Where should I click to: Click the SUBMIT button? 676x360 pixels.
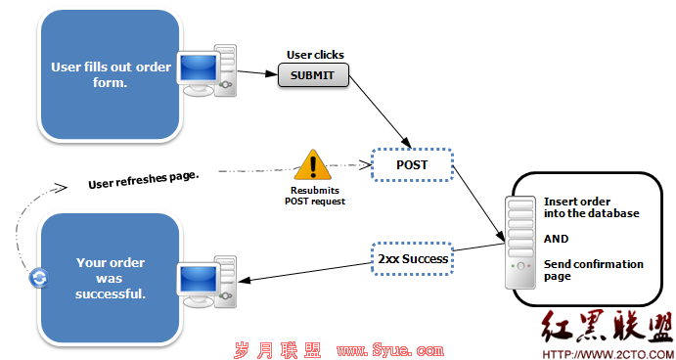[x=313, y=75]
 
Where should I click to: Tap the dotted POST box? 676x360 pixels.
[x=412, y=164]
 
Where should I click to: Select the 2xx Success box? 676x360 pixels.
[x=412, y=258]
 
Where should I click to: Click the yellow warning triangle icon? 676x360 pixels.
[x=312, y=164]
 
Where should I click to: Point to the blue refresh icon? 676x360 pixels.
[x=39, y=278]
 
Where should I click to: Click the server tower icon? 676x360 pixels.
[x=519, y=243]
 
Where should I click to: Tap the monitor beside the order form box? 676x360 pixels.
[x=198, y=73]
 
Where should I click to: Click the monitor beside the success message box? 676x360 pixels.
[x=198, y=285]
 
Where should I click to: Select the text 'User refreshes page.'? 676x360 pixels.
[x=144, y=179]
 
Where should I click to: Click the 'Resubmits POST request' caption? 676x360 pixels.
[x=315, y=196]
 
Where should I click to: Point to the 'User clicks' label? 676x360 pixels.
[x=315, y=55]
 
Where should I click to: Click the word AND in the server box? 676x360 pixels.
[x=556, y=239]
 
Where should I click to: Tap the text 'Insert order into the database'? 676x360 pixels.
[x=591, y=207]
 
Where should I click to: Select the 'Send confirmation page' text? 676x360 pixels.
[x=593, y=270]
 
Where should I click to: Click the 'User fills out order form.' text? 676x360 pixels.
[x=111, y=74]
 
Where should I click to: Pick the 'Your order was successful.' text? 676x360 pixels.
[x=111, y=279]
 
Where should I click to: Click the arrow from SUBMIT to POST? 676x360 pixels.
[x=380, y=112]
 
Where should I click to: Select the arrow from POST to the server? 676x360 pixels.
[x=479, y=203]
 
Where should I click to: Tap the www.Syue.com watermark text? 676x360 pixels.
[x=390, y=349]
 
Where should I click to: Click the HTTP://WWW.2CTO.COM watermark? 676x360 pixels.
[x=608, y=354]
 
